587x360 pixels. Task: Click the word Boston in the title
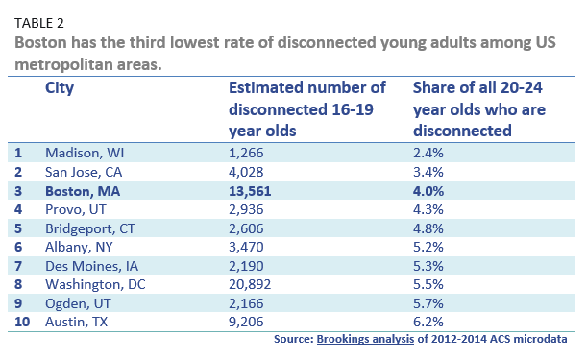[45, 42]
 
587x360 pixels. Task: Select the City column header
[60, 87]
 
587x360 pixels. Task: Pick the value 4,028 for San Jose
[247, 172]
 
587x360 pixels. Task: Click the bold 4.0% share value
[428, 192]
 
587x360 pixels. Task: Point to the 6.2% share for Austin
[428, 326]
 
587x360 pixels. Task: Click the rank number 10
[21, 326]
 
